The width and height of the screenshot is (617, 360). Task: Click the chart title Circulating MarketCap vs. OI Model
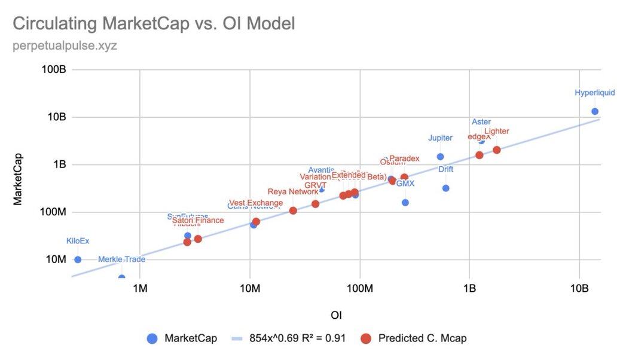point(154,24)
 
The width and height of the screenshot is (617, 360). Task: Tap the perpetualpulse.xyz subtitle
point(65,45)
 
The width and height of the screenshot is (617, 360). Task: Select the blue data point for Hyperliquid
point(595,111)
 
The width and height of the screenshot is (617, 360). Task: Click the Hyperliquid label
point(594,93)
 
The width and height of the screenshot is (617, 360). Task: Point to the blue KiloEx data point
point(78,260)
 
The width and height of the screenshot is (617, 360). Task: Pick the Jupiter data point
point(441,157)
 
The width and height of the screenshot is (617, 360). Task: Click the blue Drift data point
point(445,188)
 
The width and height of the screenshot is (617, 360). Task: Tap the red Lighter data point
point(497,150)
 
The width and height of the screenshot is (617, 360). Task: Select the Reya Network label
point(293,192)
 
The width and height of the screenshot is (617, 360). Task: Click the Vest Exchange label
point(256,203)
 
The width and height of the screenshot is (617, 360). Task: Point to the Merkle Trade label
point(121,259)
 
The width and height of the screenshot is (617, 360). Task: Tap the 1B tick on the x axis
point(469,289)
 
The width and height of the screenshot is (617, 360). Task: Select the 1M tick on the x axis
point(140,289)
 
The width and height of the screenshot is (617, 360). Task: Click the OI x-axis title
point(336,315)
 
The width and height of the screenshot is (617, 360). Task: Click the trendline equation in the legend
point(297,338)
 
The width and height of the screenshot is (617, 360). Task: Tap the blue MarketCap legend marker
point(152,338)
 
